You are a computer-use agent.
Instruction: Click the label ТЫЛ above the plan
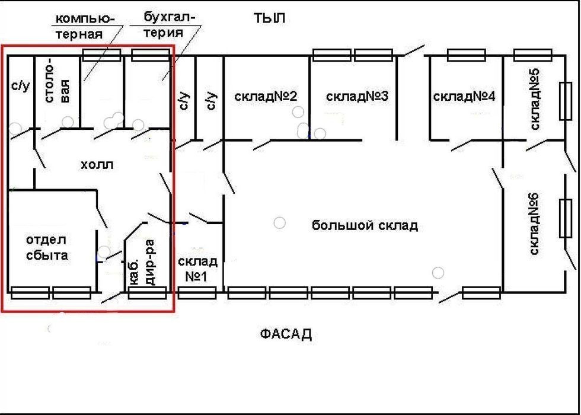coord(269,18)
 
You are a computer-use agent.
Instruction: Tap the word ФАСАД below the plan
coord(286,334)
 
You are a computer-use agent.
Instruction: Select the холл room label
coord(97,165)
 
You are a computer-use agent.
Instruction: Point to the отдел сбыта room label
coord(47,248)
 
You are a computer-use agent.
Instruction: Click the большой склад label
coord(365,225)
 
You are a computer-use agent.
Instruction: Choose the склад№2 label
coord(266,96)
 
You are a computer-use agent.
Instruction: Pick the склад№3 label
coord(357,96)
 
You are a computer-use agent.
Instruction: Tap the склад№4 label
coord(464,97)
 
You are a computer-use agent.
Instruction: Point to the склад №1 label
coord(197,269)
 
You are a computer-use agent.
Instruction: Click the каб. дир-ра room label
coord(142,263)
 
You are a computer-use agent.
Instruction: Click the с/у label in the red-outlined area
coord(20,87)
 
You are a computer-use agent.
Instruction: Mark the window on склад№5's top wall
coord(533,55)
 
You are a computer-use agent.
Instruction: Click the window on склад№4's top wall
coord(467,55)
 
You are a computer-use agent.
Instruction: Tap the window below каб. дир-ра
coord(147,293)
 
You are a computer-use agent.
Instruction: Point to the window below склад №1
coord(197,293)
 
